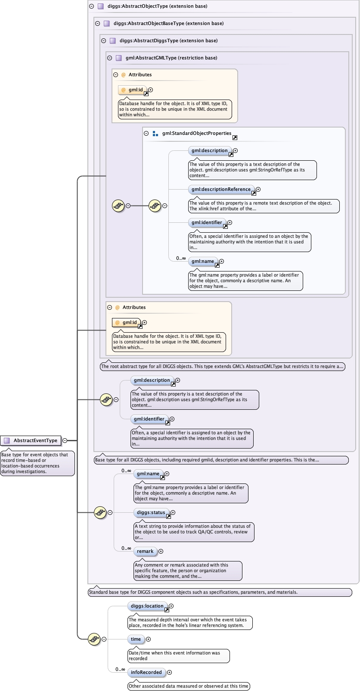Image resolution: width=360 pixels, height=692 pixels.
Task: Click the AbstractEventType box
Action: pyautogui.click(x=31, y=440)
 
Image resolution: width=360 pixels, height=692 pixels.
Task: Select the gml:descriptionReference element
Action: pyautogui.click(x=221, y=190)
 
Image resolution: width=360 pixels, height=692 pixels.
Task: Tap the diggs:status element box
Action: pyautogui.click(x=151, y=513)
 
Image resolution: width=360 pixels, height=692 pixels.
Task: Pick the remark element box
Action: pyautogui.click(x=145, y=552)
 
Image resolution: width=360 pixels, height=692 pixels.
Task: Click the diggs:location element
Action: pyautogui.click(x=147, y=606)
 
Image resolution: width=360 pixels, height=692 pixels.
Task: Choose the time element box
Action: pyautogui.click(x=136, y=639)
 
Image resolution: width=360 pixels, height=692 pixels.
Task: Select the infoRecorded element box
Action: pyautogui.click(x=146, y=673)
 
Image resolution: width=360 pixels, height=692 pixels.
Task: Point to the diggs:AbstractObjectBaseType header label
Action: pyautogui.click(x=168, y=24)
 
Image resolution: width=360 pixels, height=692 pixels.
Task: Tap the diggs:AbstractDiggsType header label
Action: pyautogui.click(x=168, y=41)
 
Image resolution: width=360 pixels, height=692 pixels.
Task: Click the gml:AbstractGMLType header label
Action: pyautogui.click(x=171, y=58)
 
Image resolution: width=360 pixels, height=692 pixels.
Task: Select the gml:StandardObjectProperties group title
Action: pyautogui.click(x=197, y=134)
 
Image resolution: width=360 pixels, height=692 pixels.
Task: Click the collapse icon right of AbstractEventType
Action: pyautogui.click(x=65, y=440)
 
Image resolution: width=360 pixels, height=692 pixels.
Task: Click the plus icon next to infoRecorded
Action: pyautogui.click(x=169, y=673)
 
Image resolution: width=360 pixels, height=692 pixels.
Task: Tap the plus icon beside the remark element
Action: pyautogui.click(x=161, y=552)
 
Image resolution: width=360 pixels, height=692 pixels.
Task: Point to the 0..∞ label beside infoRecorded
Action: pyautogui.click(x=120, y=670)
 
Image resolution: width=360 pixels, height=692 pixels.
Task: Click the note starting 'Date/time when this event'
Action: pyautogui.click(x=178, y=656)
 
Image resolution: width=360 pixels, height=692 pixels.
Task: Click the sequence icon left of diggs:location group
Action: pyautogui.click(x=94, y=639)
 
